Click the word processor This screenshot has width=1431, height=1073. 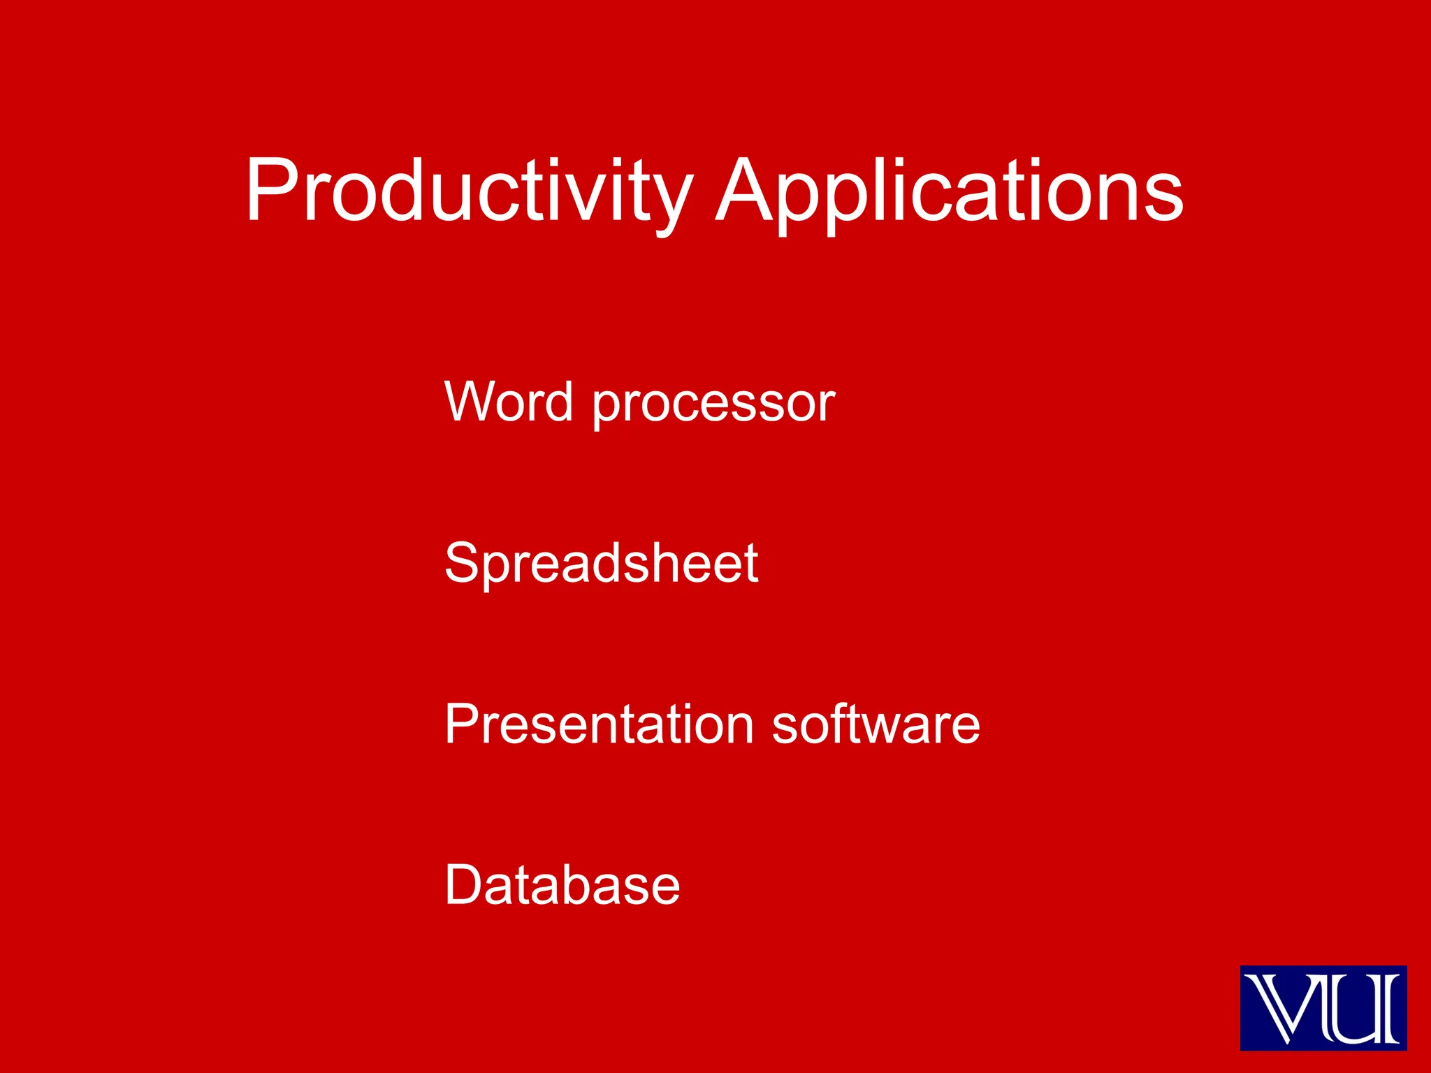[713, 405]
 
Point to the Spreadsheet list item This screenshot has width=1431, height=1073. [601, 563]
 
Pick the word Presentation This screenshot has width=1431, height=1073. [599, 724]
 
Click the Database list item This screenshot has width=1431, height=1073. [562, 885]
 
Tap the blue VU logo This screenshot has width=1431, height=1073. [1323, 1007]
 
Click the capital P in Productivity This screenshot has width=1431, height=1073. [272, 190]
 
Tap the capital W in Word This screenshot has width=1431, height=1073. [475, 402]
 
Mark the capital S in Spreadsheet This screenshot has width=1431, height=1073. [463, 563]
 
